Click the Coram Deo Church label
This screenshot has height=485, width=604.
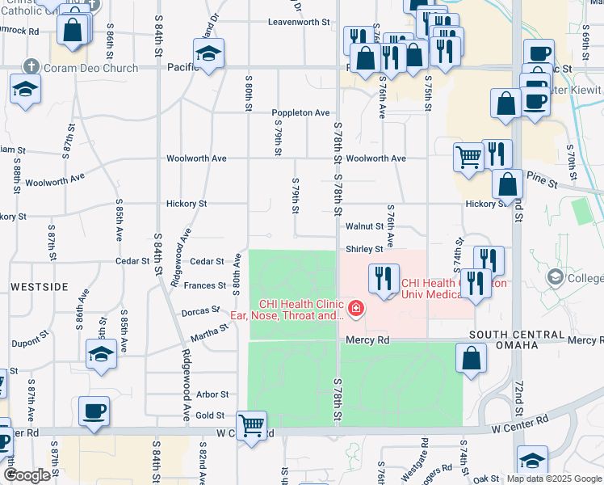(91, 68)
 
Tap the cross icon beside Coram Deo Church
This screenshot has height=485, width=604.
(31, 68)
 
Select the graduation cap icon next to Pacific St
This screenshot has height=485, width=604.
(208, 54)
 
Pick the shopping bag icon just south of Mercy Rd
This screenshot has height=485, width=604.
(471, 358)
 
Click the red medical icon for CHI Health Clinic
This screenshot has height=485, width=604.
(354, 308)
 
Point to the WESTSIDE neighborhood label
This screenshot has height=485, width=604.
(39, 287)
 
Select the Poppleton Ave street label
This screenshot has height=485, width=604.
(300, 112)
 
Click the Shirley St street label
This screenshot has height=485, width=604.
(364, 250)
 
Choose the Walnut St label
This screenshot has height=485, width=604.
(363, 228)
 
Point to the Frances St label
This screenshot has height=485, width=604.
(204, 285)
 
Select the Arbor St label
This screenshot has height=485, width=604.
(212, 394)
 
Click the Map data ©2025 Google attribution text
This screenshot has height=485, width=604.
(553, 479)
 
